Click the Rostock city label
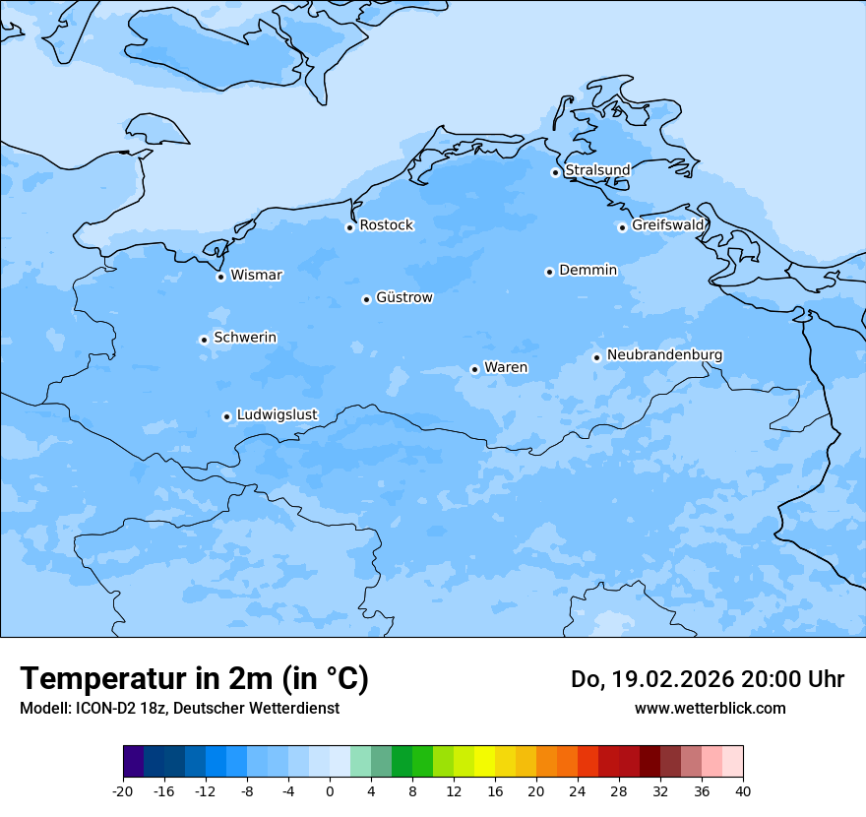tap(386, 225)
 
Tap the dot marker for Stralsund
tap(555, 172)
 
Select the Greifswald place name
tap(668, 225)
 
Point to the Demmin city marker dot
tap(549, 272)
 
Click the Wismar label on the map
tap(256, 276)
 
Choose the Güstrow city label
tap(403, 297)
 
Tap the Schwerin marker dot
tap(204, 340)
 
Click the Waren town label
tap(506, 368)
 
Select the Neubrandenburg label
tap(664, 355)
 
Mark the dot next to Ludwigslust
tap(226, 416)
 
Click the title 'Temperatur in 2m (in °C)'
tap(194, 679)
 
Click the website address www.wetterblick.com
tap(710, 709)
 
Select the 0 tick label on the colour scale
tap(330, 790)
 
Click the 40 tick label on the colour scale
tap(742, 790)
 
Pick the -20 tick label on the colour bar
tap(123, 790)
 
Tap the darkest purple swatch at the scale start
tap(134, 762)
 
